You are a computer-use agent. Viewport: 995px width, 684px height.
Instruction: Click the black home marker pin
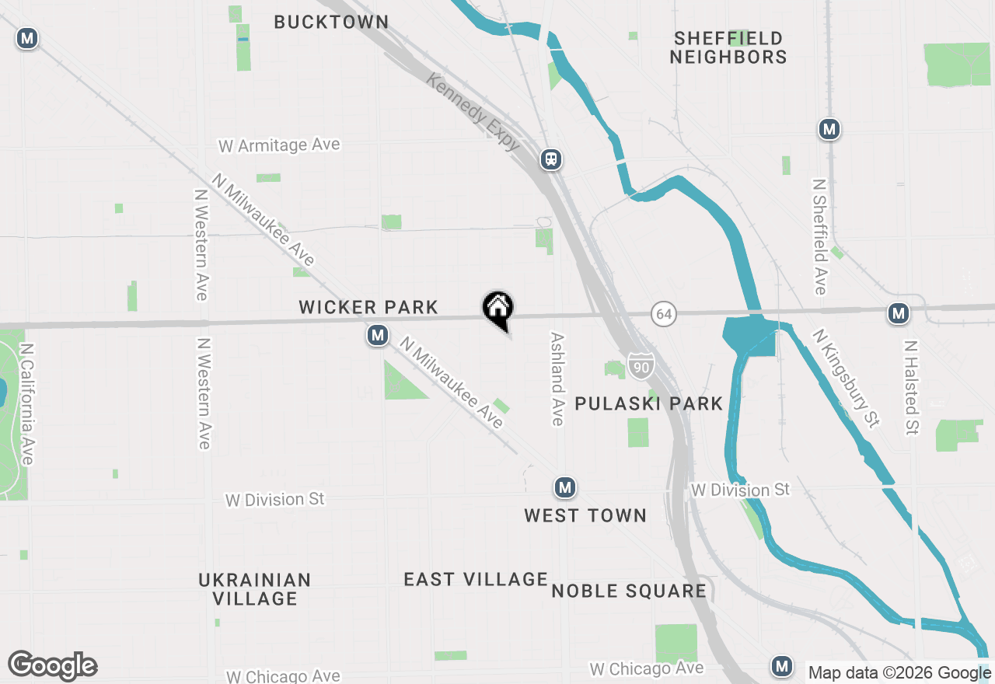pyautogui.click(x=497, y=309)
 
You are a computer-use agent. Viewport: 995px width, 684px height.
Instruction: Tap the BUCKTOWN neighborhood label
pyautogui.click(x=331, y=22)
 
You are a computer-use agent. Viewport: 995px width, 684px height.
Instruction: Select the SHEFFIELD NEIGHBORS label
pyautogui.click(x=728, y=47)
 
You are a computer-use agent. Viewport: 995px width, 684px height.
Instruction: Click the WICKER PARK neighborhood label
pyautogui.click(x=368, y=308)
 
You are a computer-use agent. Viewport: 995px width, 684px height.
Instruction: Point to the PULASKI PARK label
pyautogui.click(x=649, y=403)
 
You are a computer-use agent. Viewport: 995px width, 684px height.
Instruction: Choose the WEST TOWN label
pyautogui.click(x=585, y=515)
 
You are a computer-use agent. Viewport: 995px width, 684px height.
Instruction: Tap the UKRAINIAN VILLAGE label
pyautogui.click(x=255, y=589)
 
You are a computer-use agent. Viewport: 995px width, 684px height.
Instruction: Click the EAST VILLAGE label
pyautogui.click(x=476, y=579)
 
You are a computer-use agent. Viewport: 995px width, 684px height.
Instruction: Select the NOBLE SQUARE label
pyautogui.click(x=629, y=591)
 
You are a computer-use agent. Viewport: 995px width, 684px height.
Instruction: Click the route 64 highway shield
pyautogui.click(x=664, y=314)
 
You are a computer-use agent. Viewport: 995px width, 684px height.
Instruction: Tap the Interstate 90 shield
pyautogui.click(x=641, y=366)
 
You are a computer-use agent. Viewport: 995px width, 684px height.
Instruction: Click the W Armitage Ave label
pyautogui.click(x=279, y=145)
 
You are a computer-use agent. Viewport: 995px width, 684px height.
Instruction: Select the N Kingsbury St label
pyautogui.click(x=846, y=378)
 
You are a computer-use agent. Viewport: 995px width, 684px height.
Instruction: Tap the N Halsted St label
pyautogui.click(x=912, y=386)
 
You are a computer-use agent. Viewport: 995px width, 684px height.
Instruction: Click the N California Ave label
pyautogui.click(x=27, y=404)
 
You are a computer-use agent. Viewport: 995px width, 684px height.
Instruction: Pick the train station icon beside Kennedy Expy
pyautogui.click(x=552, y=159)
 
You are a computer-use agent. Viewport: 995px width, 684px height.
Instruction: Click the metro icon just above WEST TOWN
pyautogui.click(x=564, y=488)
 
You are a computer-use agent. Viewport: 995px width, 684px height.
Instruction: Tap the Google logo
pyautogui.click(x=52, y=665)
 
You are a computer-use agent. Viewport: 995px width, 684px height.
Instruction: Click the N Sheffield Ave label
pyautogui.click(x=819, y=236)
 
